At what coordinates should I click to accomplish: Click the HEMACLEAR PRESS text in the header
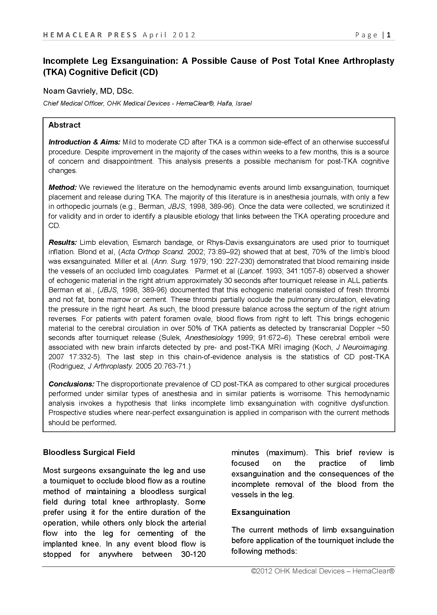click(x=90, y=35)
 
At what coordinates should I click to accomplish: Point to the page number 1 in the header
click(x=389, y=35)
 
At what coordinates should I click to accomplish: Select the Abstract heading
click(x=64, y=125)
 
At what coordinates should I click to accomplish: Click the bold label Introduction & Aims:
click(x=84, y=142)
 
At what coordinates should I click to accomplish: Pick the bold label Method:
click(x=63, y=188)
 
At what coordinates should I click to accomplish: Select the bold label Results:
click(x=63, y=243)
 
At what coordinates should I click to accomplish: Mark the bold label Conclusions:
click(x=71, y=384)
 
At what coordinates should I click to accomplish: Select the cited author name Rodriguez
click(x=66, y=367)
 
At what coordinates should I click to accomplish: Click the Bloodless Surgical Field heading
click(x=89, y=452)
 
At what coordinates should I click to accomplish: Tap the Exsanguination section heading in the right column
click(x=260, y=512)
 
